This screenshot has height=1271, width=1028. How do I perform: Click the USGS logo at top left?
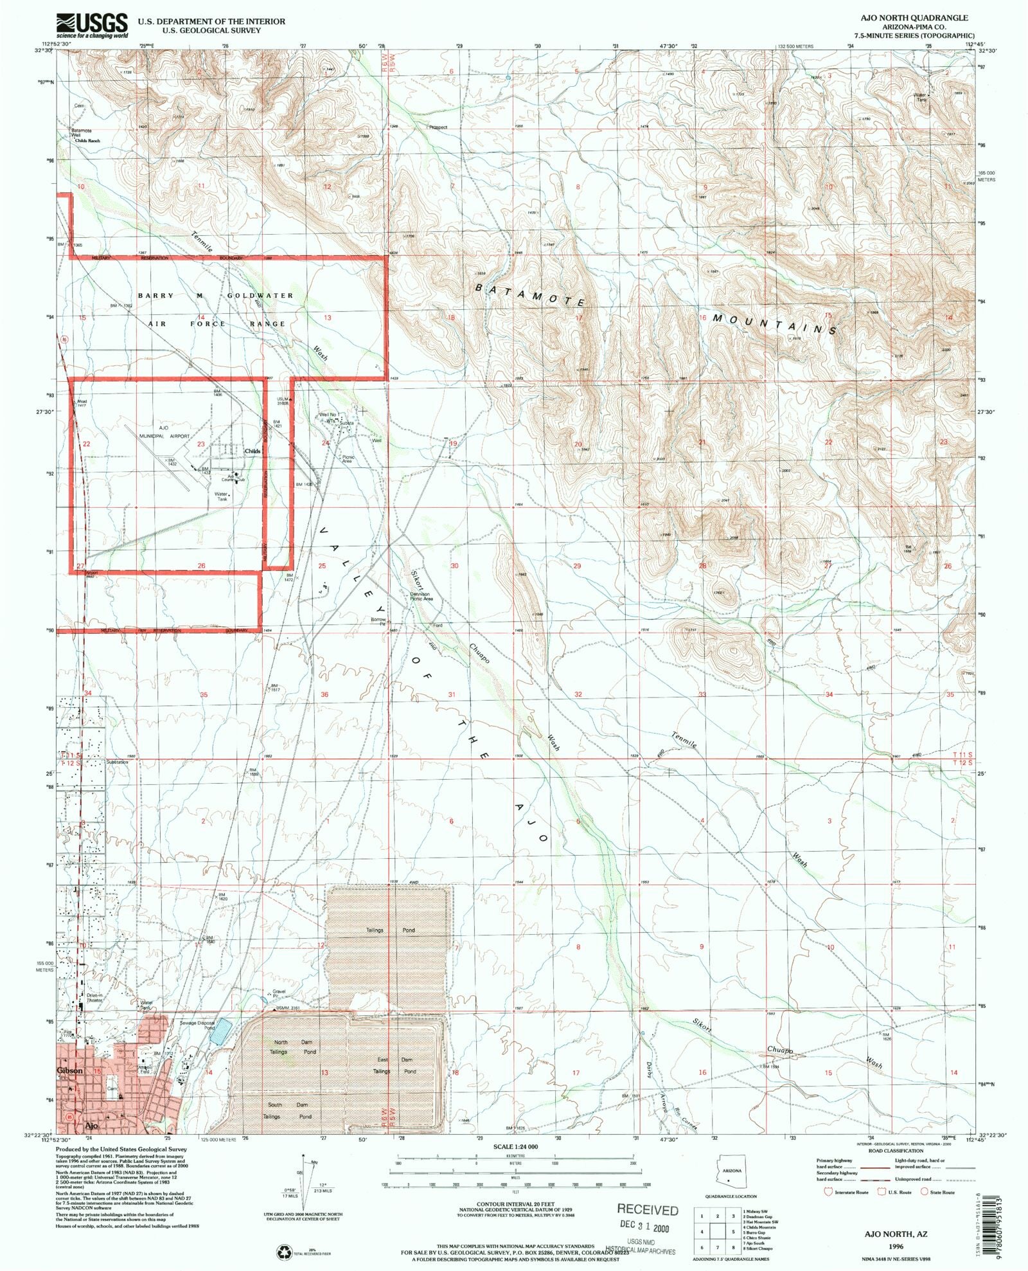pyautogui.click(x=92, y=25)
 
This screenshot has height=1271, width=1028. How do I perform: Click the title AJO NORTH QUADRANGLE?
pyautogui.click(x=931, y=18)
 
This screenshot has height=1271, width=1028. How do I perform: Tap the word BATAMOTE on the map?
pyautogui.click(x=530, y=294)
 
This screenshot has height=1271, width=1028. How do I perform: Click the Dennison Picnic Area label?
pyautogui.click(x=421, y=596)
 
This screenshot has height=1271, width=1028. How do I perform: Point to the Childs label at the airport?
pyautogui.click(x=253, y=451)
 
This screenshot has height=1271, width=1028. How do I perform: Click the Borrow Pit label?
pyautogui.click(x=378, y=622)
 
